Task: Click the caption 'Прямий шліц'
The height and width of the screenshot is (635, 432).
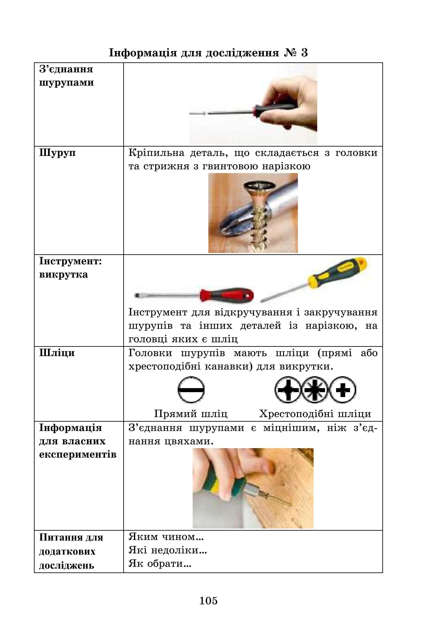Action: point(191,413)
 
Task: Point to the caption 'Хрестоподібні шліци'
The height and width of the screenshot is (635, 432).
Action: point(315,413)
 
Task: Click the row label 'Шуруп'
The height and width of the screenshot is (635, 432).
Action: point(58,152)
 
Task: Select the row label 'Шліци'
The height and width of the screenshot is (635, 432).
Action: point(57,353)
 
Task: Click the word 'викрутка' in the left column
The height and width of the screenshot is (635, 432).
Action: point(63,274)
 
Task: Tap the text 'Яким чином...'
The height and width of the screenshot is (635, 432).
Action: point(166,537)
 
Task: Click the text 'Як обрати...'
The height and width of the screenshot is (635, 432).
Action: point(160,563)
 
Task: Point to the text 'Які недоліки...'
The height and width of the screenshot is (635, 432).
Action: point(168,550)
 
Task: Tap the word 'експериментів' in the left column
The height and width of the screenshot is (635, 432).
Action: point(78,454)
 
